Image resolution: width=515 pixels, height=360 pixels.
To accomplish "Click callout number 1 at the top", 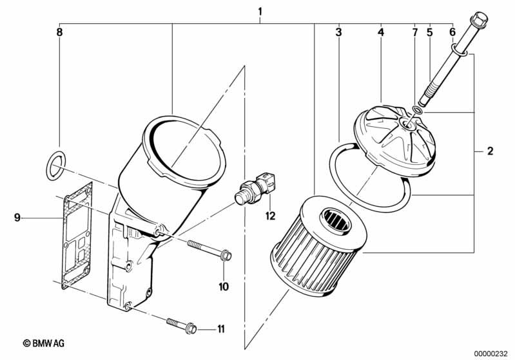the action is point(260,12).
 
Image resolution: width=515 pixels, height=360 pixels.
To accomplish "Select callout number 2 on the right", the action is point(490,151).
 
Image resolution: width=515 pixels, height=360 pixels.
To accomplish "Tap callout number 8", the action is point(59,32).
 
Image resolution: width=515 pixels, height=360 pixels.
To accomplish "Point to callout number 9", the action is point(17,217).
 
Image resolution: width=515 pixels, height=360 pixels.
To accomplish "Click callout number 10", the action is point(224,287).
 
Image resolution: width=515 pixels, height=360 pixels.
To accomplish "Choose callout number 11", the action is point(221,328).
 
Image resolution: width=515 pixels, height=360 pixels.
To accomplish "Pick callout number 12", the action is point(270,216).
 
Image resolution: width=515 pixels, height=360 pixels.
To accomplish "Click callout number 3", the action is point(338,32).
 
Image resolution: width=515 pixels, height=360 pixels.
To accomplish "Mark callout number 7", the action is point(415,32).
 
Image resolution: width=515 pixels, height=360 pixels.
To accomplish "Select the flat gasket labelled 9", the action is point(77,236).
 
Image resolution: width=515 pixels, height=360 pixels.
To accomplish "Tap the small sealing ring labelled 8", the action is point(55,166).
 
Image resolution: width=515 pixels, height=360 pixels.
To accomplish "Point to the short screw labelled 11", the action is point(182,325).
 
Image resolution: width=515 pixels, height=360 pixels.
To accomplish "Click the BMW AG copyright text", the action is point(44,343).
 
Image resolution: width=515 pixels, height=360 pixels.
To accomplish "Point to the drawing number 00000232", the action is point(492,354).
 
